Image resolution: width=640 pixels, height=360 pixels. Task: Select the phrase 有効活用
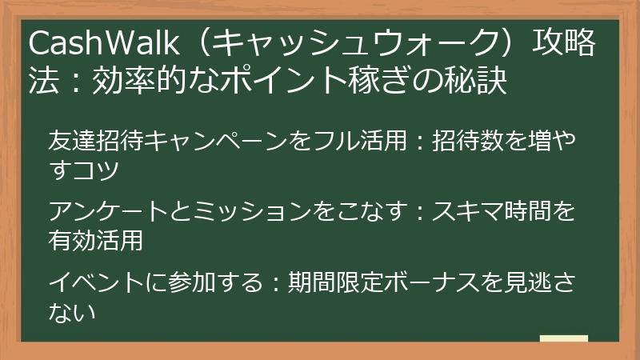pyautogui.click(x=95, y=240)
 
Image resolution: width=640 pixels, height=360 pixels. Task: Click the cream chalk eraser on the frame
pyautogui.click(x=564, y=338)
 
